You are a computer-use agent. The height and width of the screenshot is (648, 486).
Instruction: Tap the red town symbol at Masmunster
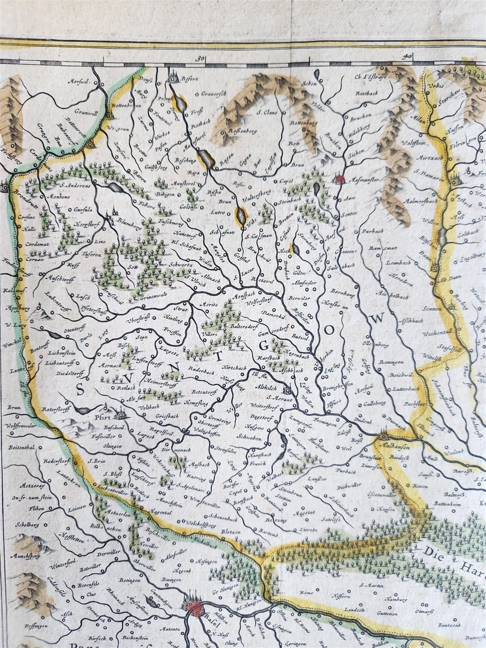pyautogui.click(x=340, y=178)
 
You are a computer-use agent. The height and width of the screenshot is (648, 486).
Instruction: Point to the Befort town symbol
pyautogui.click(x=174, y=77)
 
